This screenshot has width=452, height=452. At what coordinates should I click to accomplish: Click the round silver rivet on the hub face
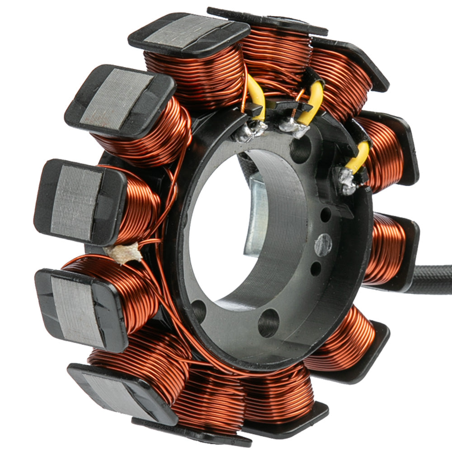click(323, 245)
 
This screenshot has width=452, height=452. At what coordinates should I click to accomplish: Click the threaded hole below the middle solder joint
click(301, 151)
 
